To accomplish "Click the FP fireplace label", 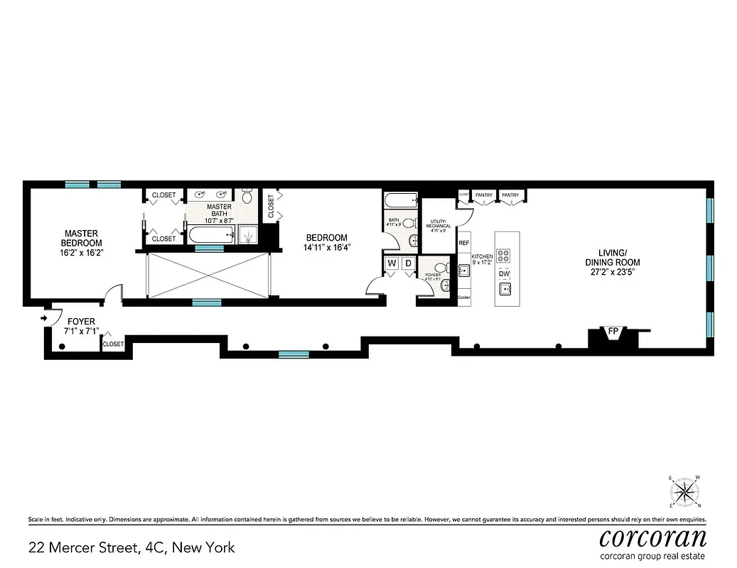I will [612, 331].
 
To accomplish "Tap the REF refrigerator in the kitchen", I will [464, 243].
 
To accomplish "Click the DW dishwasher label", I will [505, 274].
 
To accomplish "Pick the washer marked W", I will [392, 264].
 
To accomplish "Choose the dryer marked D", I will [408, 264].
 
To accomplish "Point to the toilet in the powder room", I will [441, 269].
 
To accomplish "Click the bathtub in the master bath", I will [210, 234].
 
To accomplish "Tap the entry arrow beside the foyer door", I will [44, 318].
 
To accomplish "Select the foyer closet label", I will [113, 344].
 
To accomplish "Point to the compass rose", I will [684, 491].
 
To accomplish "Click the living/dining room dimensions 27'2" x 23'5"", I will [612, 272].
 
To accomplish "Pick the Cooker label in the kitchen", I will [465, 297].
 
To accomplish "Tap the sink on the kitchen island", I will [505, 289].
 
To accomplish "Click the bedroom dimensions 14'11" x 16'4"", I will [327, 248].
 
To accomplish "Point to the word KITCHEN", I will [483, 256].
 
